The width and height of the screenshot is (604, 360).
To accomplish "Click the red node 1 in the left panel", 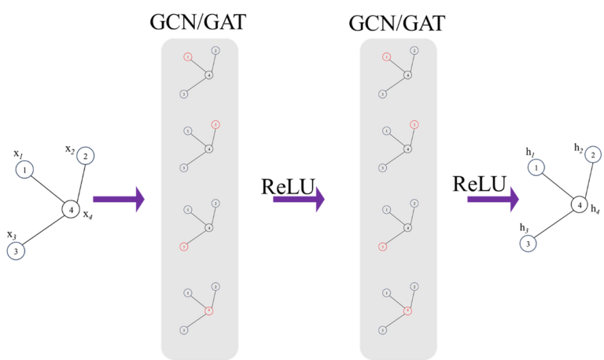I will point(188,57).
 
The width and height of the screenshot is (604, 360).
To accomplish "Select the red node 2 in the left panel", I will point(215,124).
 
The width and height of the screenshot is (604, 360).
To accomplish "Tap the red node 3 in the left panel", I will point(184,247).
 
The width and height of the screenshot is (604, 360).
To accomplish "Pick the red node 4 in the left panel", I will point(209,310).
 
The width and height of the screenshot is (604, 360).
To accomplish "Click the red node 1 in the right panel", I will point(386,57).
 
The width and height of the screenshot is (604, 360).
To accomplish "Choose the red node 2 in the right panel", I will point(414,124).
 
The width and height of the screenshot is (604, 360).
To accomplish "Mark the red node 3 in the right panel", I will point(383,247).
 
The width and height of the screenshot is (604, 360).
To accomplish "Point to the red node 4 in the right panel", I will point(407,310).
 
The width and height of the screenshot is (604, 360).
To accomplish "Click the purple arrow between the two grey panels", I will point(298,200).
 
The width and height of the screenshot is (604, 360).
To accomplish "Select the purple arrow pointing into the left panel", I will point(119,200).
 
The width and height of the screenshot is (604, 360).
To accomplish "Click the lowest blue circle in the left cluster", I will point(16,252).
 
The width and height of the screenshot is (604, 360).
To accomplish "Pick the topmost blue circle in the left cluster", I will point(86,156).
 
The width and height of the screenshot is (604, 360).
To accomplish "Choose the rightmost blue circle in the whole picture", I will point(593,154).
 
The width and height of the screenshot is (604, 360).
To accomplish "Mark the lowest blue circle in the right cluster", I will point(528,244).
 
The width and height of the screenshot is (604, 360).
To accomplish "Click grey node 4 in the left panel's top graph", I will point(209,75).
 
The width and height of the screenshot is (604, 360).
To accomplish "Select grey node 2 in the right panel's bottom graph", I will point(414,286).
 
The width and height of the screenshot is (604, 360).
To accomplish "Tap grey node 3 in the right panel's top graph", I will point(383,94).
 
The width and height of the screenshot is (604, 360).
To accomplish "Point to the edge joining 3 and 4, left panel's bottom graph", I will point(197,320).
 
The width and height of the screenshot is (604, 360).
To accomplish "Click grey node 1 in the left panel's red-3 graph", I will point(188,210).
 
